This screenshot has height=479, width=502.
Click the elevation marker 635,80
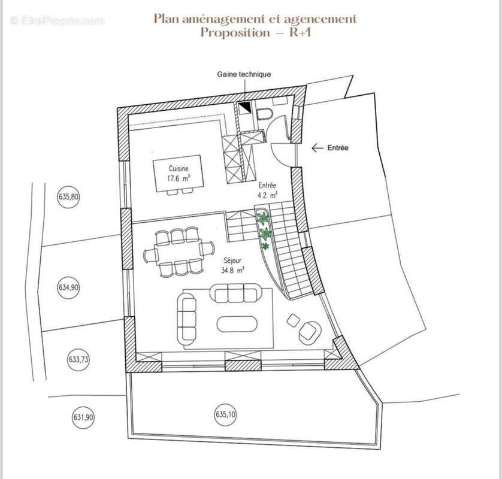tap(68, 196)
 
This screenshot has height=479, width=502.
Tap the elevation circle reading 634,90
tap(68, 287)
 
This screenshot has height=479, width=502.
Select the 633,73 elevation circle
tap(78, 359)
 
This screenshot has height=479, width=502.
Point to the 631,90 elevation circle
tap(83, 417)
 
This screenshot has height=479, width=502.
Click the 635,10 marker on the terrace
tap(225, 415)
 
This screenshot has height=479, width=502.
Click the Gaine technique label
tap(244, 74)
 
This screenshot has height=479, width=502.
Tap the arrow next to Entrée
tap(317, 148)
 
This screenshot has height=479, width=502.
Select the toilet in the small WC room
tap(264, 113)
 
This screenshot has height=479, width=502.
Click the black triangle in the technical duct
tap(245, 107)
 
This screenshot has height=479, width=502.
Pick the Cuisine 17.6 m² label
tap(179, 174)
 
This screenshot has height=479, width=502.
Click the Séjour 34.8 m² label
tap(232, 266)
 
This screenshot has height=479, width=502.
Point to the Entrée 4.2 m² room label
tap(267, 190)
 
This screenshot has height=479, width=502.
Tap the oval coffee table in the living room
tap(237, 324)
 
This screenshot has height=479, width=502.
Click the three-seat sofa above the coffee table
tap(235, 293)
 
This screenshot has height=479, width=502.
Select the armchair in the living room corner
tap(310, 333)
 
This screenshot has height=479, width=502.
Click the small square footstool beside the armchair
tap(294, 320)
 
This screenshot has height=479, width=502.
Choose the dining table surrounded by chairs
tap(178, 252)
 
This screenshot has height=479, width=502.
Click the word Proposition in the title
tap(235, 32)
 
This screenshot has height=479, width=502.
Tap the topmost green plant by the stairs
tap(263, 219)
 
